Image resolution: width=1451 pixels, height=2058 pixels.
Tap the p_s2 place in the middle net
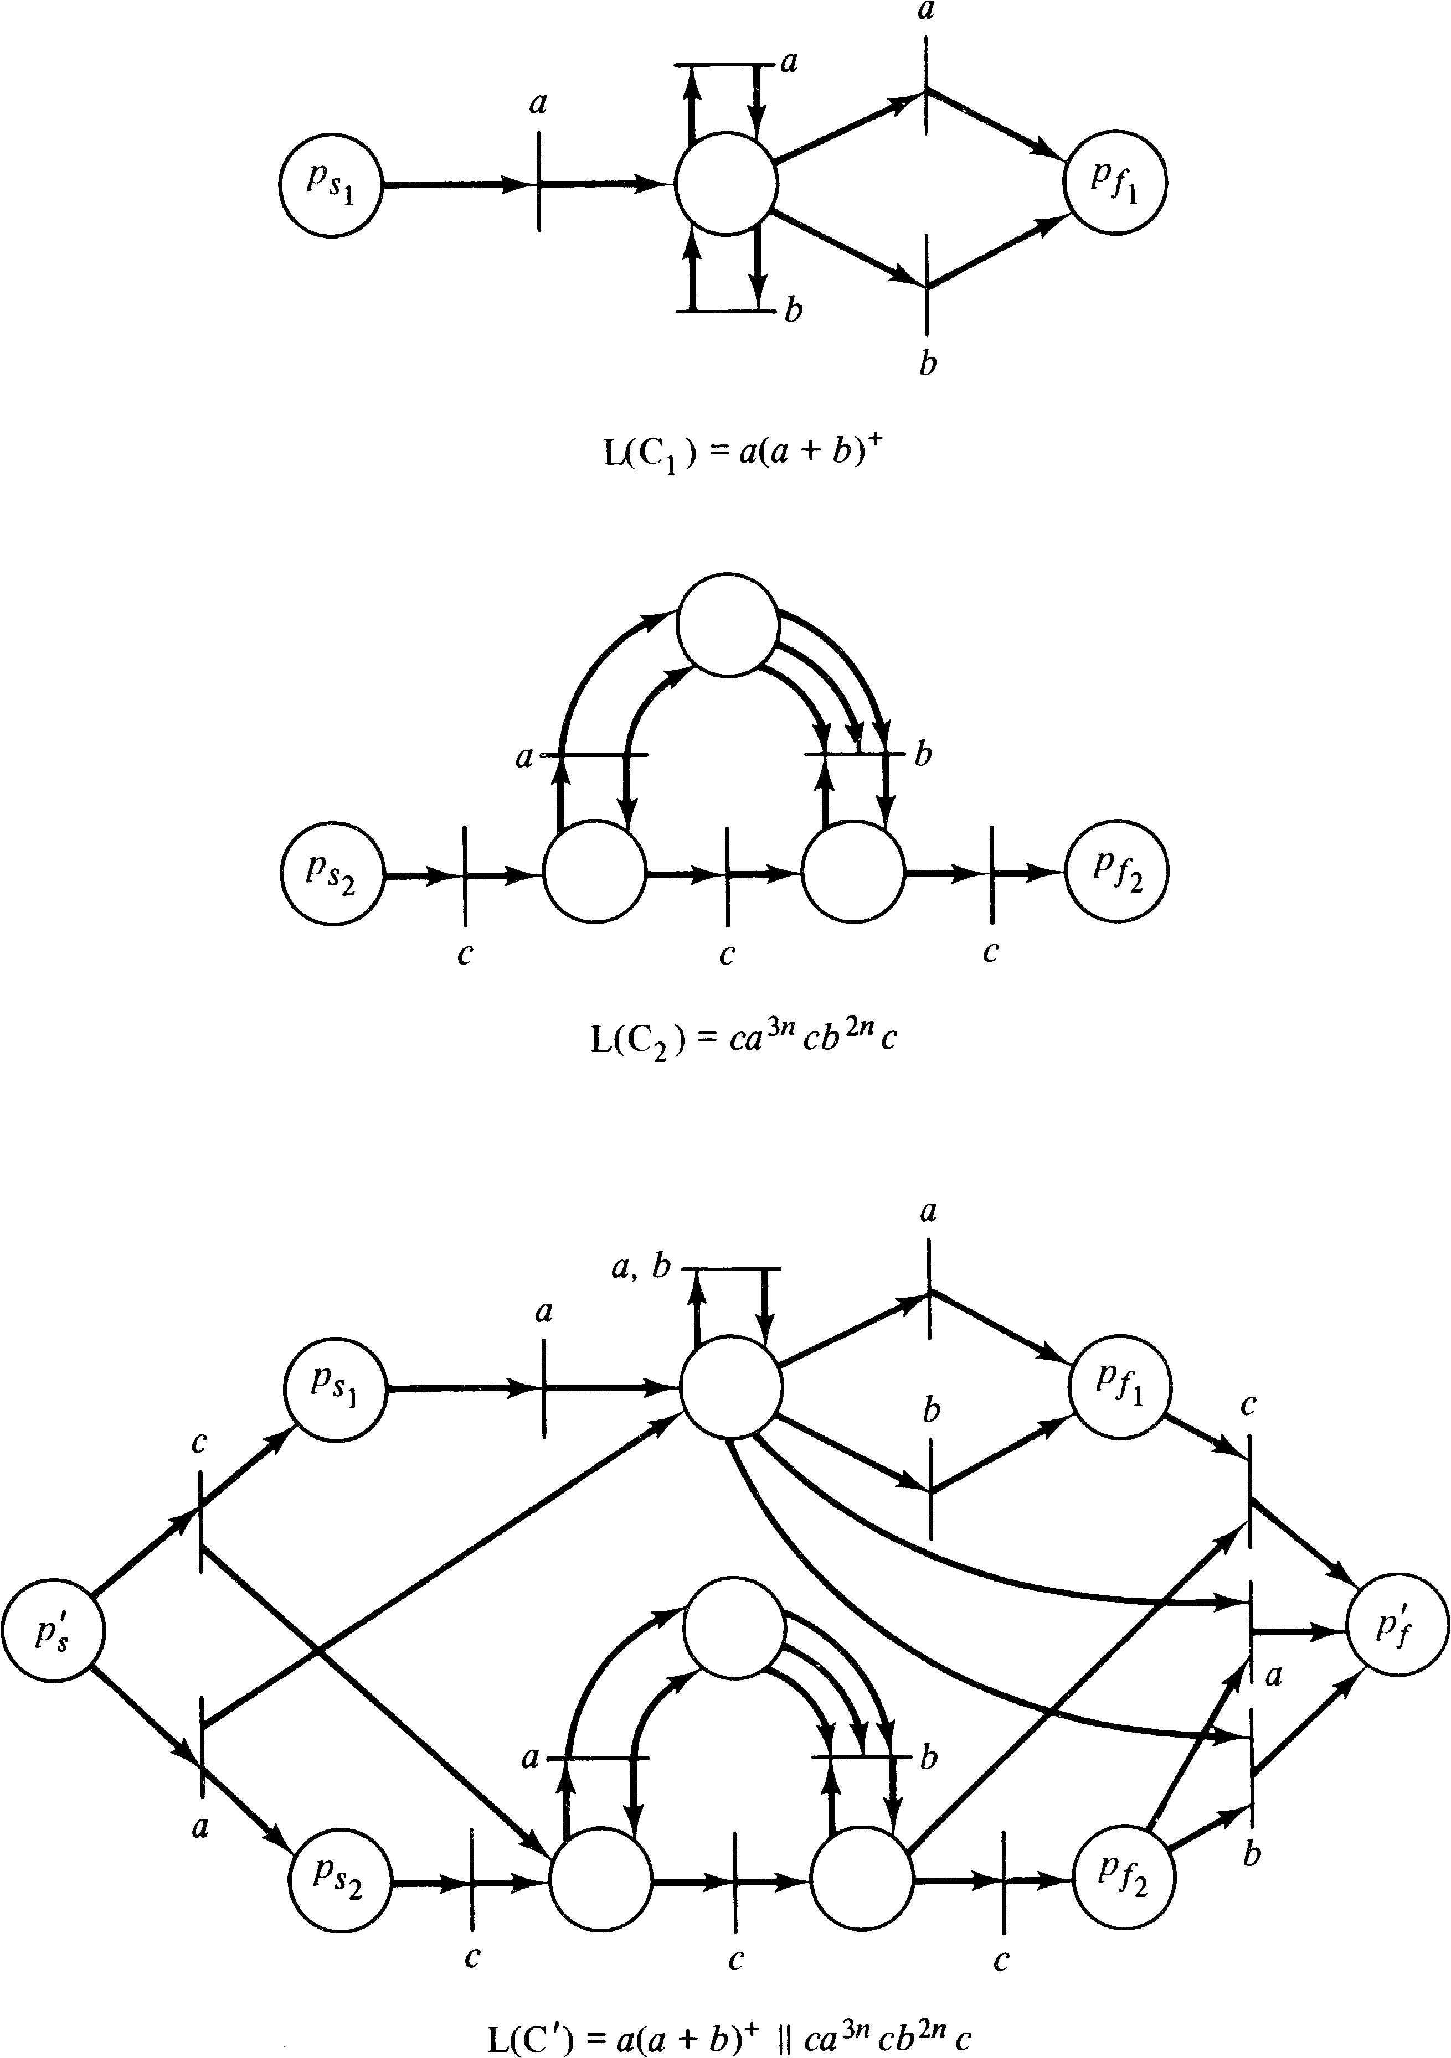[x=331, y=872]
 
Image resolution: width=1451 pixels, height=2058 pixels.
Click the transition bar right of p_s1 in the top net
[x=538, y=184]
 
